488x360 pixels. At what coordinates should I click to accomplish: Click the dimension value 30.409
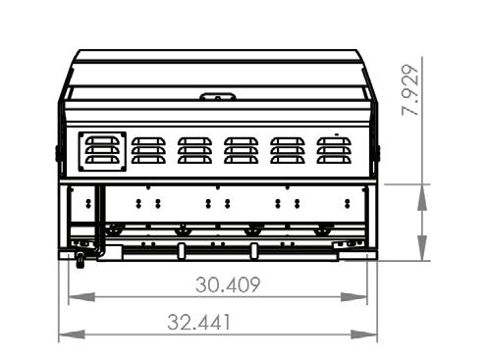[x=228, y=284]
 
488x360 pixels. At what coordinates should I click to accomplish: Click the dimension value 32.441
[x=199, y=322]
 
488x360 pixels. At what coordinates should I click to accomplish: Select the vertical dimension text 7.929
[x=410, y=90]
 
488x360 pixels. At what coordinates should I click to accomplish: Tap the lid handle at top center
[x=218, y=96]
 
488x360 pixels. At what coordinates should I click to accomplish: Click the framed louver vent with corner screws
[x=102, y=151]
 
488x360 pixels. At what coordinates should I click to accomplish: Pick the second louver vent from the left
[x=148, y=150]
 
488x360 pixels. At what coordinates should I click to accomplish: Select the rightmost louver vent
[x=334, y=150]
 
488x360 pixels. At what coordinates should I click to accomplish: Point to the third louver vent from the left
[x=195, y=150]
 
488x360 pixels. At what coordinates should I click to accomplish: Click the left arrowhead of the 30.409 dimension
[x=81, y=297]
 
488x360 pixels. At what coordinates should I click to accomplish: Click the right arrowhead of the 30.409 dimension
[x=353, y=297]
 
